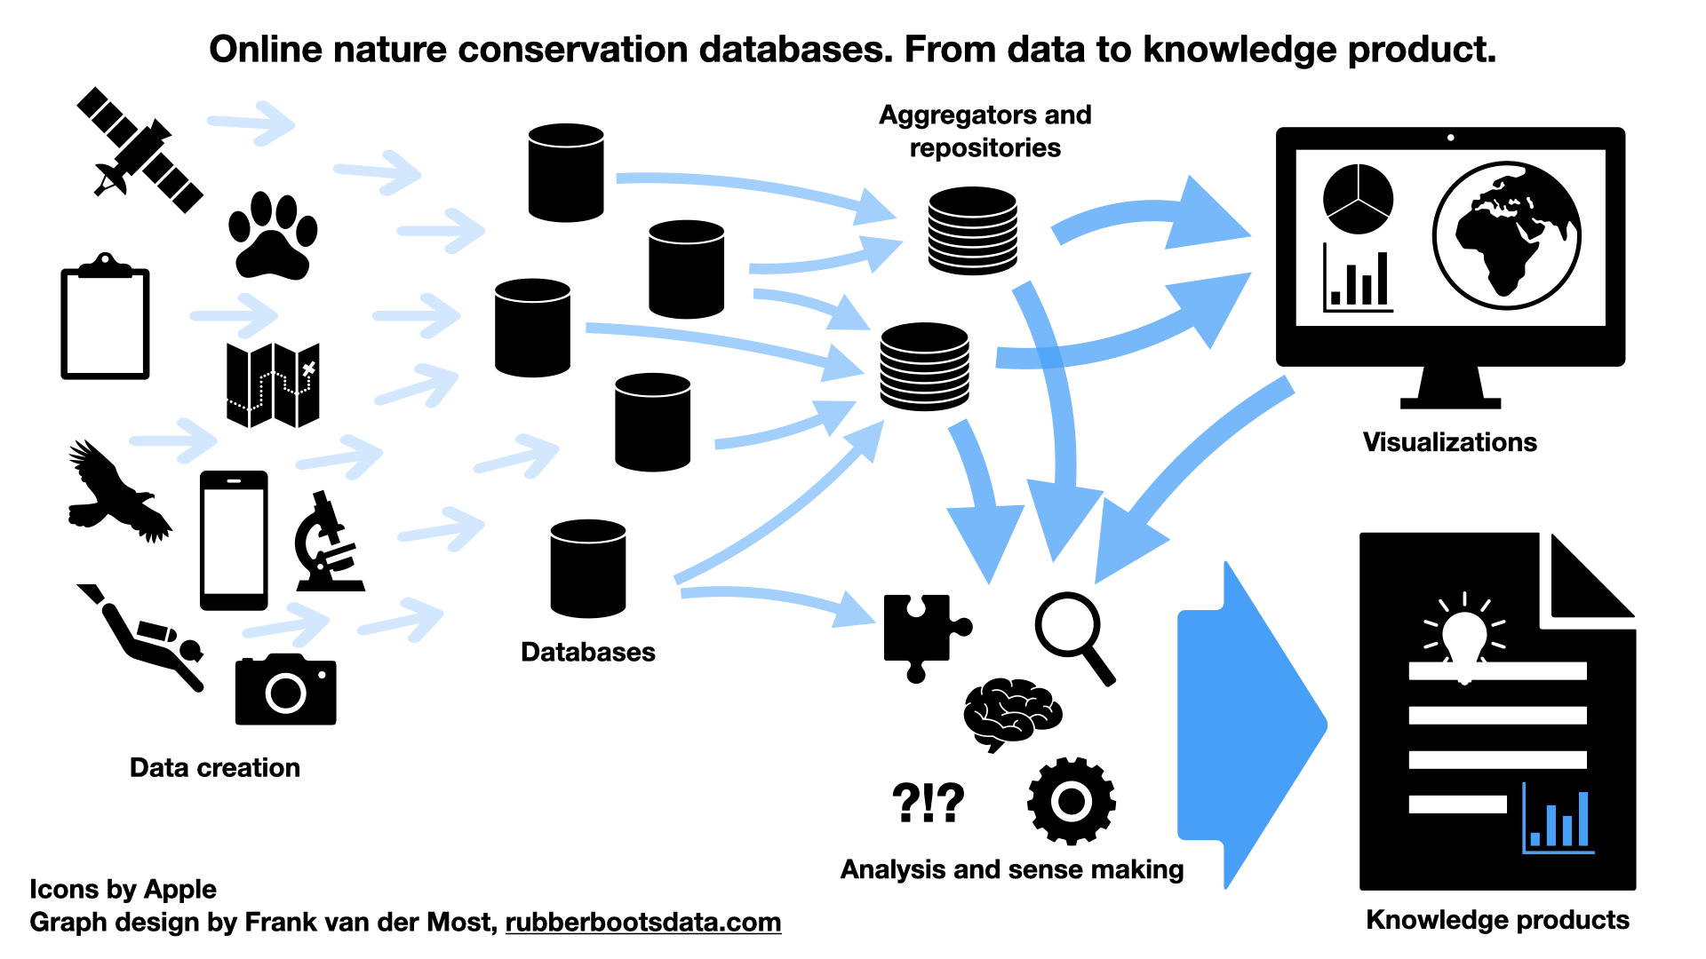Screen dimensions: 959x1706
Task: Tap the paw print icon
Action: point(272,238)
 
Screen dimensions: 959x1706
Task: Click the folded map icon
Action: point(273,384)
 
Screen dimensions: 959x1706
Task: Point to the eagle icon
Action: point(116,493)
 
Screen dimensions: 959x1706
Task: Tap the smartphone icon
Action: point(234,540)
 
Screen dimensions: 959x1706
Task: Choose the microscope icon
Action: point(328,543)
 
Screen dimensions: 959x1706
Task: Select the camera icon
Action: point(285,690)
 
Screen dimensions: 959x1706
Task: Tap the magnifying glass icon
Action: point(1073,634)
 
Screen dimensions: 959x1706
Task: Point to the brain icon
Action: point(1012,713)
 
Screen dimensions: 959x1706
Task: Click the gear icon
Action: point(1071,801)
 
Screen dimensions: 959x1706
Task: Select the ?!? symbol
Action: point(928,802)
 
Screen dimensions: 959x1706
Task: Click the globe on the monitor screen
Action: point(1506,235)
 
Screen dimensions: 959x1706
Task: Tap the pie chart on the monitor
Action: point(1358,199)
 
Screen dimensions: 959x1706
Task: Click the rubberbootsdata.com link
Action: point(642,923)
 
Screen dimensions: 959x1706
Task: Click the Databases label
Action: point(587,652)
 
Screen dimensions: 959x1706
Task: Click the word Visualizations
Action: point(1449,442)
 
